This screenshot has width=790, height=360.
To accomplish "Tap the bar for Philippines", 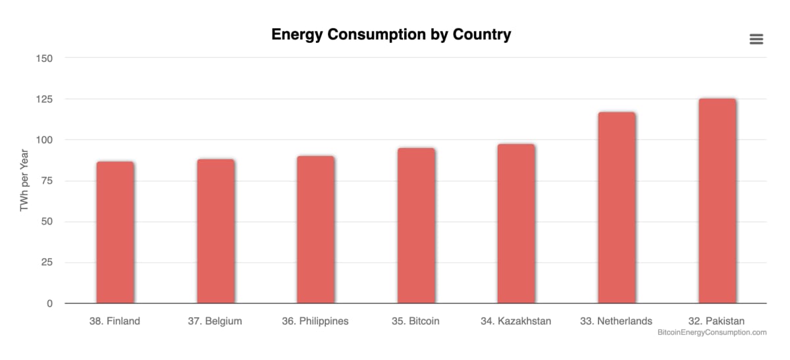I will (315, 230).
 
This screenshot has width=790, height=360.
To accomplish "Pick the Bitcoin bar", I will (416, 226).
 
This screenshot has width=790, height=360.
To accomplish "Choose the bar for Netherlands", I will (617, 208).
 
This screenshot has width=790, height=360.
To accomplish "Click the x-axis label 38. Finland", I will (115, 321).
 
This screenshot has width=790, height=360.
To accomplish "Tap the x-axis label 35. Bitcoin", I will (415, 321).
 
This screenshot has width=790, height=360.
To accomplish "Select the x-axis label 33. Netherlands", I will (616, 321).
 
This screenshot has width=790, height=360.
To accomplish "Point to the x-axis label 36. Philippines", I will (315, 321).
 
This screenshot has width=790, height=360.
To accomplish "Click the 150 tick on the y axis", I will (45, 58).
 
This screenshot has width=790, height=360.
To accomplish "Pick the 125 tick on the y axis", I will (45, 99).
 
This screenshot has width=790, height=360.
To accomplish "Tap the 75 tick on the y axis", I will (47, 180).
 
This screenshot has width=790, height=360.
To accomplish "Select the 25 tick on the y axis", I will (47, 263).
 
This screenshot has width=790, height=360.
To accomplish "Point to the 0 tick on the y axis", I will (50, 303).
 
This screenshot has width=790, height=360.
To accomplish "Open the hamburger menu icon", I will (756, 39).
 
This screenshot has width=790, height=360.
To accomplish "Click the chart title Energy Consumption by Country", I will (391, 35).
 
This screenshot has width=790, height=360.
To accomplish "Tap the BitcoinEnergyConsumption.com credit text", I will (712, 333).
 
